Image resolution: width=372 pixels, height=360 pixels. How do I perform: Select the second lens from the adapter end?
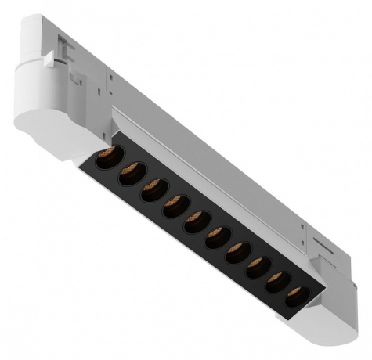[130, 173]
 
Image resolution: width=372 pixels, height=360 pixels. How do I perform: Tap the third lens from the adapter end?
[152, 190]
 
